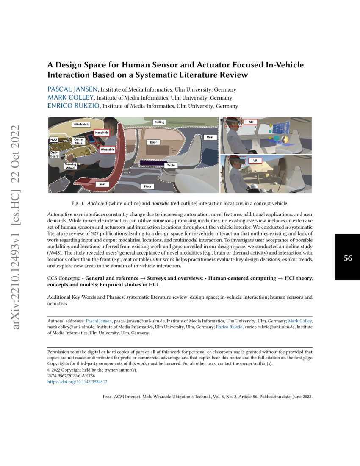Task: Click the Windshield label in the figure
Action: [81, 125]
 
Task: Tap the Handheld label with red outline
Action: [102, 133]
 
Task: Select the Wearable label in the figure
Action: [108, 150]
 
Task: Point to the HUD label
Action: [54, 139]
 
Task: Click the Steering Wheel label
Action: [71, 166]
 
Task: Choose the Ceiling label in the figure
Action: [159, 122]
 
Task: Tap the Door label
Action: [153, 142]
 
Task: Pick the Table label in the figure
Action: [171, 165]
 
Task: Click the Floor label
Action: [147, 186]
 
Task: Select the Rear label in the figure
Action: [210, 137]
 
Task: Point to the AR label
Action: [251, 122]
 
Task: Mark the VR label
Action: [255, 161]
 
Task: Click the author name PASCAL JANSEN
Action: [72, 89]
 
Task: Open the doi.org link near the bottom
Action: [77, 382]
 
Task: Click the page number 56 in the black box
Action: [348, 258]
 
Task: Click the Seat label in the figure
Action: [102, 184]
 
